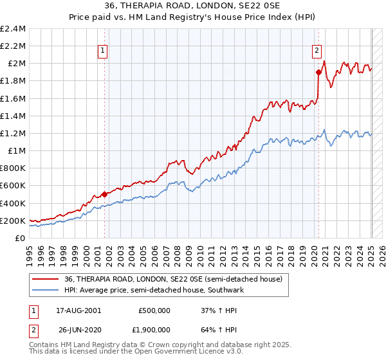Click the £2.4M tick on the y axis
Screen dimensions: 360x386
click(13, 29)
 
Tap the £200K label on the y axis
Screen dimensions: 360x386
click(13, 221)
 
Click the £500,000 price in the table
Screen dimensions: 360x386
click(154, 310)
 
